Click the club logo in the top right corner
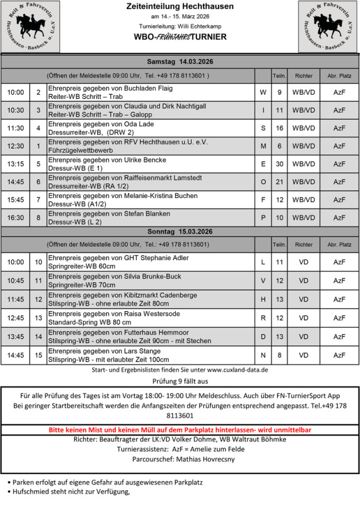pos(328,27)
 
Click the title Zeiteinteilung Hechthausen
pos(179,7)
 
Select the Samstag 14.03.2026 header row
pos(179,62)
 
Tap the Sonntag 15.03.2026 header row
pos(179,231)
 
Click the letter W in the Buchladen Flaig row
pos(263,92)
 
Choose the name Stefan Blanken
pos(146,213)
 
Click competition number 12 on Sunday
pos(38,299)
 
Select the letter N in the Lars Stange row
pos(263,355)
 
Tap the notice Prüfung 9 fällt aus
pos(179,381)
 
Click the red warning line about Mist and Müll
pos(179,429)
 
